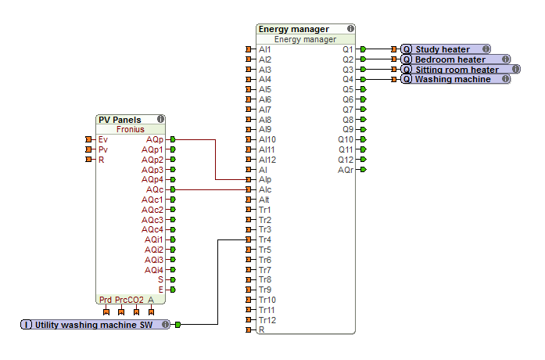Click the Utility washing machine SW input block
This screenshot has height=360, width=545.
coord(94,324)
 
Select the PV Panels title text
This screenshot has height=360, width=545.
coord(120,120)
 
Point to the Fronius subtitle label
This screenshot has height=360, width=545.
coord(130,130)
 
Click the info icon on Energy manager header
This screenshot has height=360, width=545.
coord(350,29)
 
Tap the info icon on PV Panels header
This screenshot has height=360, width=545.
coord(160,120)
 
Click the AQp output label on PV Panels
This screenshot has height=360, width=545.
coord(155,139)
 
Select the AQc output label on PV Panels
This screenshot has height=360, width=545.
coord(155,189)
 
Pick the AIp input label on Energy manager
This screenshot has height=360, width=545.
coord(265,179)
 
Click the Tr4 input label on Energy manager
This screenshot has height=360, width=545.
coord(265,239)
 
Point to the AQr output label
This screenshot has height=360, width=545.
coord(345,169)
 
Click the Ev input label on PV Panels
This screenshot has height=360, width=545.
coord(103,139)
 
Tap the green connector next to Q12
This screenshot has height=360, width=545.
coord(363,160)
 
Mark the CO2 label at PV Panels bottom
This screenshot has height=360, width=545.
coord(138,300)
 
